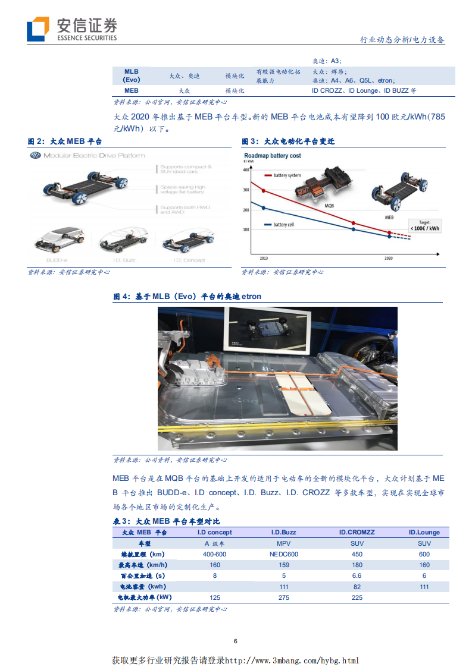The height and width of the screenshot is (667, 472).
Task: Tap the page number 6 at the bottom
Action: pyautogui.click(x=236, y=641)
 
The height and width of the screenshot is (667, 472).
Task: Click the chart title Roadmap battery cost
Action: pyautogui.click(x=273, y=156)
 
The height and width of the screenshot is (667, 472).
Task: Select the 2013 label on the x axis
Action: pyautogui.click(x=262, y=259)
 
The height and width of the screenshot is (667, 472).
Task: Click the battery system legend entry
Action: pyautogui.click(x=286, y=175)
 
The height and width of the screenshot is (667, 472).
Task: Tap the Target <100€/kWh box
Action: pyautogui.click(x=424, y=226)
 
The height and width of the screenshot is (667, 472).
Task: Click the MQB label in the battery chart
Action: pyautogui.click(x=329, y=204)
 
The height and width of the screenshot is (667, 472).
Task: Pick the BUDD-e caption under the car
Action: pyautogui.click(x=57, y=260)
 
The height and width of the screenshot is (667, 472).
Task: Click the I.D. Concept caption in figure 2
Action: pyautogui.click(x=189, y=260)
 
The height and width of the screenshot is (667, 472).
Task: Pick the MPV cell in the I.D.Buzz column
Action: pyautogui.click(x=284, y=543)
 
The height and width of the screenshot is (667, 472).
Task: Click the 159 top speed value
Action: pyautogui.click(x=284, y=565)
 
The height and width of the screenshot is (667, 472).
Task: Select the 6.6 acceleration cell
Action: pyautogui.click(x=357, y=575)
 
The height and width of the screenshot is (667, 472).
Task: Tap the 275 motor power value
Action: pyautogui.click(x=284, y=597)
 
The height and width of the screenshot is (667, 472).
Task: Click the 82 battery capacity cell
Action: pyautogui.click(x=357, y=586)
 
